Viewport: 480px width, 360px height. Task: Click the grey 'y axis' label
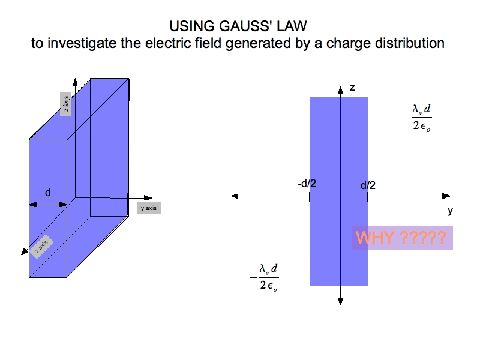[x=148, y=208]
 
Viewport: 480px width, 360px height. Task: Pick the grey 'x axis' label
[x=42, y=245]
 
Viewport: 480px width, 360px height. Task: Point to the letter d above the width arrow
[x=48, y=193]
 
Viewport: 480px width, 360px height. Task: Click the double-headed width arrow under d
[x=48, y=205]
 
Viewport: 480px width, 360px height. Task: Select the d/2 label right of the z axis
[x=368, y=185]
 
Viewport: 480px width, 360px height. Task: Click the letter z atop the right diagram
[x=352, y=88]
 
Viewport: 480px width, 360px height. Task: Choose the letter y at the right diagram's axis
[x=450, y=211]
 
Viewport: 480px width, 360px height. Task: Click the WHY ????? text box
[x=401, y=238]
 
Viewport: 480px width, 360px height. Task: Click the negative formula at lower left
[x=265, y=277]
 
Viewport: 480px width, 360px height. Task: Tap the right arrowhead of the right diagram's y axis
[x=446, y=196]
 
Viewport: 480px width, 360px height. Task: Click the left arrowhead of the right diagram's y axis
[x=235, y=196]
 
